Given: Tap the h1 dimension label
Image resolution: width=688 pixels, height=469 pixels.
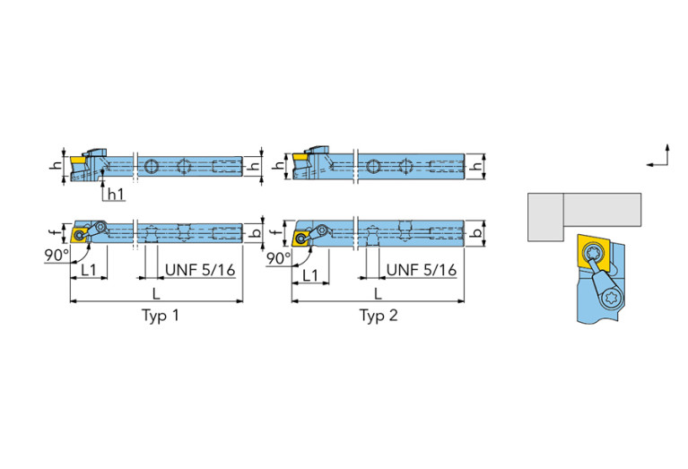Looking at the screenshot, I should coord(115,194).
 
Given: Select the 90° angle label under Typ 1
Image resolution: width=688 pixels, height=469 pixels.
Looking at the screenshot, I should coord(56,256).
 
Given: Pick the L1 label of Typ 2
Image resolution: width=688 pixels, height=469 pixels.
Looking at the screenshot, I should coord(311,275).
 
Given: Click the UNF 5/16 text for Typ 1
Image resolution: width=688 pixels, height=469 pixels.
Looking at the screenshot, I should coord(199,269).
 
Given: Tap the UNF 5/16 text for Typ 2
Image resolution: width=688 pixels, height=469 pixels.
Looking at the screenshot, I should coord(422,269).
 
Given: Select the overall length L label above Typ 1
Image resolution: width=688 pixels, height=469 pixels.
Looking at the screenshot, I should coord(157,293).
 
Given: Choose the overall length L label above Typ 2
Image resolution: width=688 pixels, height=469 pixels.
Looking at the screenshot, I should coord(378,293).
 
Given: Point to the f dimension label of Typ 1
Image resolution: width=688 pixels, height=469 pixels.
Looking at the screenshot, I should coord(54,232).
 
